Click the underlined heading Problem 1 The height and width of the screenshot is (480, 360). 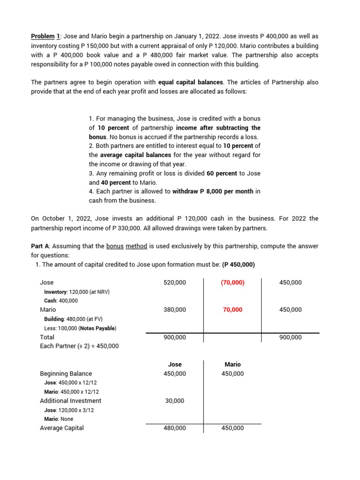[44, 36]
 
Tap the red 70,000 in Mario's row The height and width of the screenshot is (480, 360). [232, 310]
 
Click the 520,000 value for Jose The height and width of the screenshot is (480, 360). [174, 283]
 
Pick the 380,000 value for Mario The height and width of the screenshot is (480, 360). [174, 310]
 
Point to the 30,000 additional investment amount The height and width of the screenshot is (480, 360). [174, 401]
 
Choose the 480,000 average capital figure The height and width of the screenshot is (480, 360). [174, 428]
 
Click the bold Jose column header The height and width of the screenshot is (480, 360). [174, 364]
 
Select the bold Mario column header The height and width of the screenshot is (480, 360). [232, 364]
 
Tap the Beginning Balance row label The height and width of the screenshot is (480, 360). [66, 374]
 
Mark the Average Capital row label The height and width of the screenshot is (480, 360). [62, 428]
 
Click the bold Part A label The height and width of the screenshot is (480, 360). [41, 246]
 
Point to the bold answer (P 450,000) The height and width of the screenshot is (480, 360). [238, 264]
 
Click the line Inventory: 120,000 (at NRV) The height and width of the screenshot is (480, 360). [76, 292]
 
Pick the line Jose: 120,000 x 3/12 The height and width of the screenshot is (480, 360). [69, 410]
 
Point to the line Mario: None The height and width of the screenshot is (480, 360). [59, 419]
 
